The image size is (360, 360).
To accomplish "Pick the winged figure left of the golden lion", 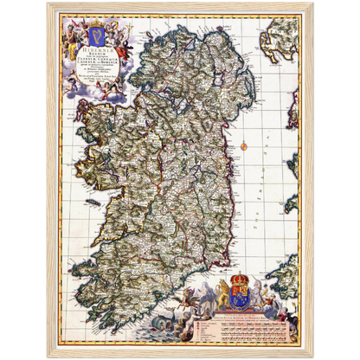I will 204,294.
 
